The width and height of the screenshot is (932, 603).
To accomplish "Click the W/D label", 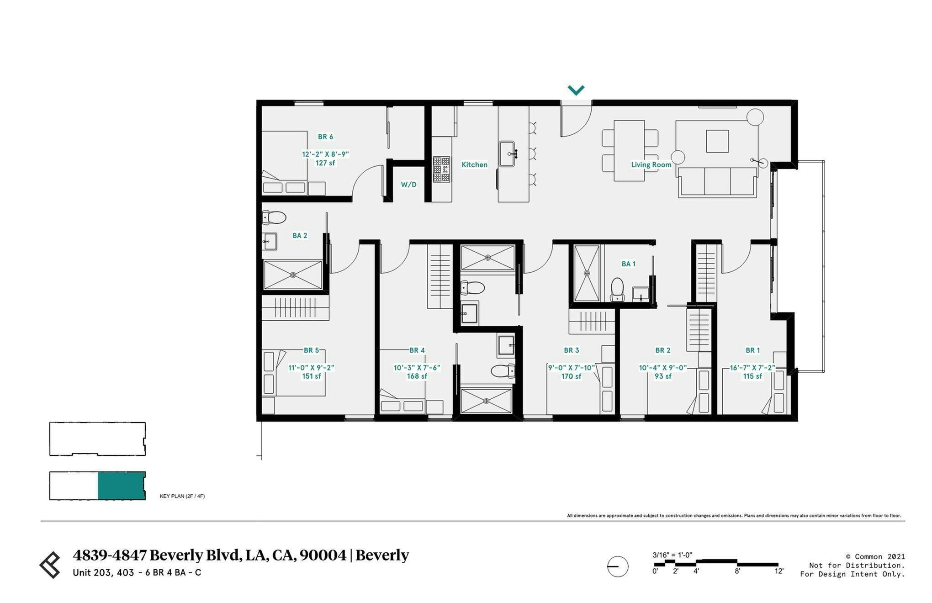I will tap(408, 185).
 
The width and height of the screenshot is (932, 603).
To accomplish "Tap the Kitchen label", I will tap(474, 164).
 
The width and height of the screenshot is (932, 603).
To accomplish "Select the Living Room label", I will tap(651, 164).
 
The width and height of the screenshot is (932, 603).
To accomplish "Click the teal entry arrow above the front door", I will tap(576, 90).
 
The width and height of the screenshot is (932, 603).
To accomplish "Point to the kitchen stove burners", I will tap(441, 169).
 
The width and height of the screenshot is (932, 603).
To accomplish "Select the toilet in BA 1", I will tap(617, 289).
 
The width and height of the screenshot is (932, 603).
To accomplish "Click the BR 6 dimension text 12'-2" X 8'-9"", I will tap(325, 154).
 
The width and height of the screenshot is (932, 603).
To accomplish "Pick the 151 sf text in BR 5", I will tap(311, 376).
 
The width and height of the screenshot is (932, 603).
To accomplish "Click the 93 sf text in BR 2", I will tap(662, 376).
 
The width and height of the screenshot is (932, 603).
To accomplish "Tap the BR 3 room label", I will tap(571, 350).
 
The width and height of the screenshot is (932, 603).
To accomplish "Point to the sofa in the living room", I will tap(717, 182).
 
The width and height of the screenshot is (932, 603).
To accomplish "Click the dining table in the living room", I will tap(629, 151).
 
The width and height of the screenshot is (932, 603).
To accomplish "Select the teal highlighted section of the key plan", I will tap(121, 486).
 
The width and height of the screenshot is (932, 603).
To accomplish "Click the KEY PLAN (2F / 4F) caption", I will tap(182, 496).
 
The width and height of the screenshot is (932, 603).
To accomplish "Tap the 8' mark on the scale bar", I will tap(737, 571).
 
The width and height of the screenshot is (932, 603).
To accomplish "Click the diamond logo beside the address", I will tap(50, 565).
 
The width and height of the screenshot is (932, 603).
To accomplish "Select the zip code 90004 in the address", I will tap(323, 555).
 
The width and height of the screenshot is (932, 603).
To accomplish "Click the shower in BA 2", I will tap(293, 275).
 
